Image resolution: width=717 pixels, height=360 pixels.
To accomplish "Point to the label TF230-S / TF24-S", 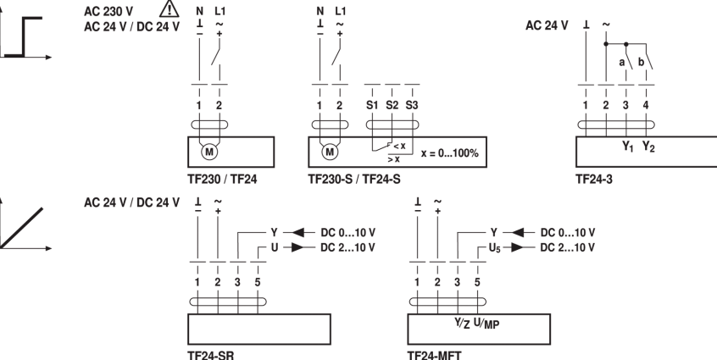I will (353, 180).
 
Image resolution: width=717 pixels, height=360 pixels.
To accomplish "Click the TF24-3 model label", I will (592, 180).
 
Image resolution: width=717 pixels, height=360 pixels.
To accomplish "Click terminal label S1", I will (371, 106).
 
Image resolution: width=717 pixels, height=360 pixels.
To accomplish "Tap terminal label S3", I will (412, 106).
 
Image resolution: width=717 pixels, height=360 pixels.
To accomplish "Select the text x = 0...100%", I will (450, 153).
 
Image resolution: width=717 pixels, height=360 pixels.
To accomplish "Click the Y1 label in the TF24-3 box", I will (627, 147).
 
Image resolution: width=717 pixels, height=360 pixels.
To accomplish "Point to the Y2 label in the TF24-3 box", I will (648, 147).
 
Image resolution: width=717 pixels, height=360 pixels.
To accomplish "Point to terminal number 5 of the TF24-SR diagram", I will (258, 281).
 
